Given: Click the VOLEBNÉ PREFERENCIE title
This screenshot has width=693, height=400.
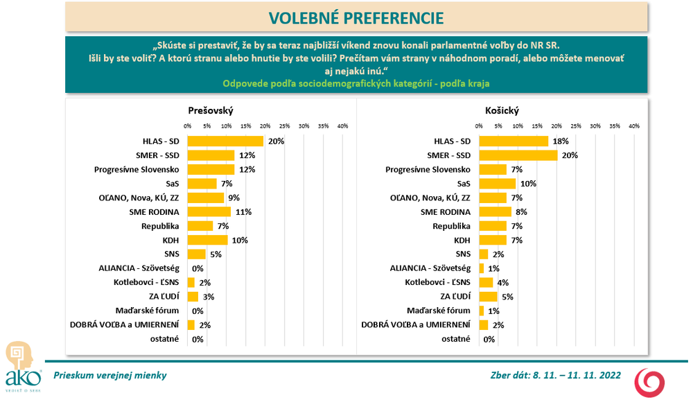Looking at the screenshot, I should point(356,17).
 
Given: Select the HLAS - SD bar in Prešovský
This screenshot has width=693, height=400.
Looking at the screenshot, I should point(226,141).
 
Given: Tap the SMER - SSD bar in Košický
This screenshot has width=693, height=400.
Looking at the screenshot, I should point(518,155).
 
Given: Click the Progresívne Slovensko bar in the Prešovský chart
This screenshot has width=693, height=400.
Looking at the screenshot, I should point(211,169).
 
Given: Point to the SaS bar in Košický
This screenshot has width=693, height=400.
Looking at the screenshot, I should point(498,184).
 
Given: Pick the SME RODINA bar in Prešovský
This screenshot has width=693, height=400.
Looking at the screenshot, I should point(209,212).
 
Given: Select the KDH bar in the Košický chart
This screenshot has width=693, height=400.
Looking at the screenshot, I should point(492,240).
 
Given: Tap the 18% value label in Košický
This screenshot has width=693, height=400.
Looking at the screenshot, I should point(559,141).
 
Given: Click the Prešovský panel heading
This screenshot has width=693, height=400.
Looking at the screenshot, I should point(210,110).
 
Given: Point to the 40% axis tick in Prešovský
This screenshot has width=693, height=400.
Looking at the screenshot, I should point(342,125).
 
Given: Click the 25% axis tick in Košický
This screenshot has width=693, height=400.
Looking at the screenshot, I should point(575,125).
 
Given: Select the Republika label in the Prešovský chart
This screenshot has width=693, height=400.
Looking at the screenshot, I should point(161,226).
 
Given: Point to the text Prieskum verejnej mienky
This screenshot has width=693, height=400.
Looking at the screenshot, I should point(109,375).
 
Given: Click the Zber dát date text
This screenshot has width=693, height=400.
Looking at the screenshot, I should point(555,375).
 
